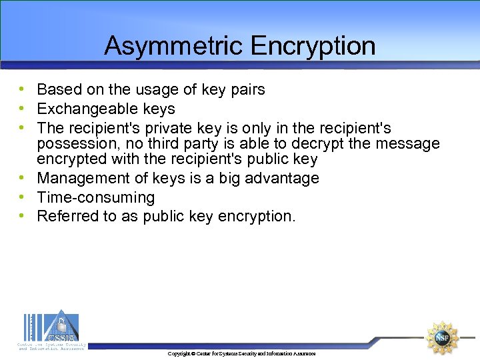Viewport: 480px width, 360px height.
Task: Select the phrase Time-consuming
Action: tap(96, 197)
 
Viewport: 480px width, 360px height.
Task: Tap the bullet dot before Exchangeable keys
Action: tap(23, 109)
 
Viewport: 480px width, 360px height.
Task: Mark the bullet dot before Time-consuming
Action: tap(23, 197)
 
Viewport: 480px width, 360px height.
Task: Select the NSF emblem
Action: tap(442, 337)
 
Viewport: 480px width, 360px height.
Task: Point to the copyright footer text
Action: tap(241, 353)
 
